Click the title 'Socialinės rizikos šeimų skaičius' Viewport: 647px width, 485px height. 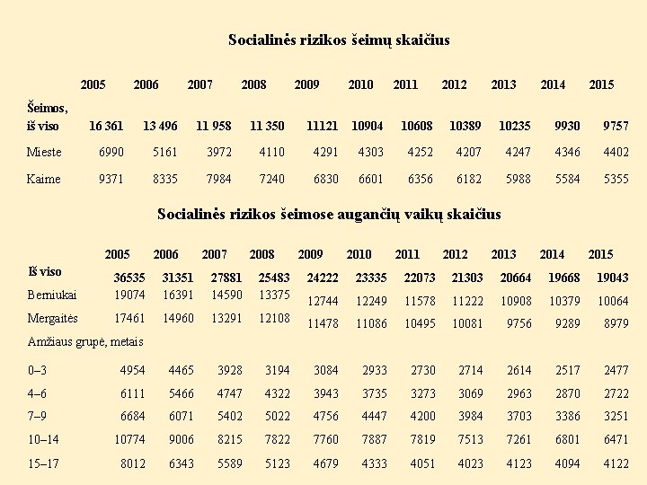click(339, 40)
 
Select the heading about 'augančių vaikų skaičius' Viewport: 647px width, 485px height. click(329, 215)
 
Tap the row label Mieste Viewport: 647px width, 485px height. click(44, 152)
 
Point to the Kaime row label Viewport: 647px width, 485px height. click(43, 179)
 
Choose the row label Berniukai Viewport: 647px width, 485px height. click(52, 295)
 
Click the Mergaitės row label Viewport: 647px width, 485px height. click(53, 318)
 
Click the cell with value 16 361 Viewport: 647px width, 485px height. click(106, 125)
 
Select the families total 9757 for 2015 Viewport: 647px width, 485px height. click(616, 125)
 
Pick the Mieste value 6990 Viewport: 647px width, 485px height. click(111, 152)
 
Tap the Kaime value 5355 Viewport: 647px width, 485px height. click(616, 179)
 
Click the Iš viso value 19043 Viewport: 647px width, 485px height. click(612, 278)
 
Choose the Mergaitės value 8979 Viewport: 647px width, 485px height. click(616, 323)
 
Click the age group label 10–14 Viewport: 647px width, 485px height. click(45, 440)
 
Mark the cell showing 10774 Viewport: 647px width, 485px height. click(129, 440)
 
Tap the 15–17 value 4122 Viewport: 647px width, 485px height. click(616, 463)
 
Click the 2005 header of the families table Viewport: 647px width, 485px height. click(93, 84)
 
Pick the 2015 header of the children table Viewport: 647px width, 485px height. click(600, 254)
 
